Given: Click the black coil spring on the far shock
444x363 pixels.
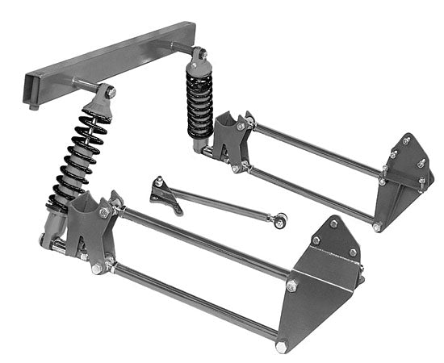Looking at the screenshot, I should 199,100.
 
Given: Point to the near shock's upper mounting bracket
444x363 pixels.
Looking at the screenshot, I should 101,101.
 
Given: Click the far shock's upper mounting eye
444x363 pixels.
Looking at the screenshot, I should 197,54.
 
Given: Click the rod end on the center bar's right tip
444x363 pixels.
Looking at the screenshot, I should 280,219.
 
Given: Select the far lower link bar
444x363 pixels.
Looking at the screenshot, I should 311,194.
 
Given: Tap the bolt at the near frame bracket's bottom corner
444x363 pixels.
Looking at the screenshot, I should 281,347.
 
